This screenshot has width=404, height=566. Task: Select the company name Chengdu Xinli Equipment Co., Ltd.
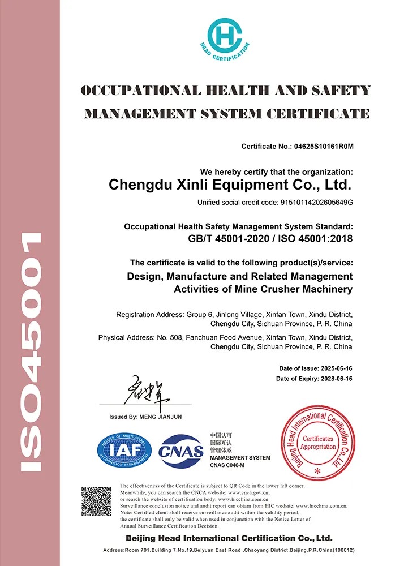point(230,185)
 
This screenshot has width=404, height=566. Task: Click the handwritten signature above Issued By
point(147,390)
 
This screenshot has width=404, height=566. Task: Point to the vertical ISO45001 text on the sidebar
point(31,351)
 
